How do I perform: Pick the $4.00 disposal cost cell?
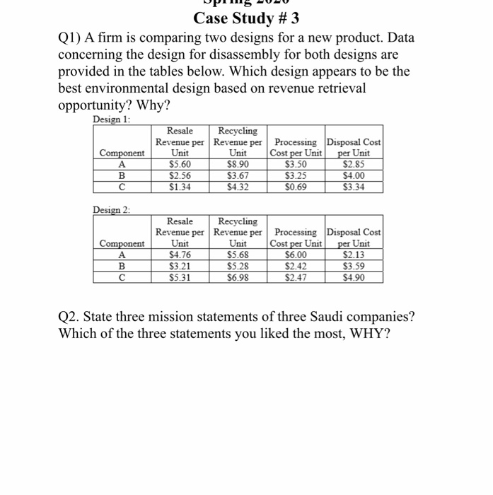(354, 175)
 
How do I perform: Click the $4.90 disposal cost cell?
(354, 277)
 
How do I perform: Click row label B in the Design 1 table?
(121, 175)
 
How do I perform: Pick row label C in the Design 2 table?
(121, 277)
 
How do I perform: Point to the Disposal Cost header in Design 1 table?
(354, 147)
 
